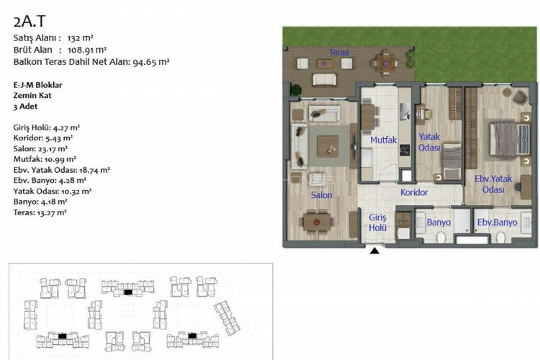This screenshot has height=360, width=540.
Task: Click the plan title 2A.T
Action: click(30, 22)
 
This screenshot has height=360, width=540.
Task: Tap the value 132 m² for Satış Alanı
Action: click(80, 38)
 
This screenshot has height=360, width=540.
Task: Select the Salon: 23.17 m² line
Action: click(40, 149)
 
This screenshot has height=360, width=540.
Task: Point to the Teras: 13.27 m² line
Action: click(40, 212)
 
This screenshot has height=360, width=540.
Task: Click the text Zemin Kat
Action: click(32, 96)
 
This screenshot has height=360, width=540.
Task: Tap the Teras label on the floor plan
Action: click(339, 53)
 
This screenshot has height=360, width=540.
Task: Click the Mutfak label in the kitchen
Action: click(383, 140)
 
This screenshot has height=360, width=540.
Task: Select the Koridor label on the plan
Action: click(414, 192)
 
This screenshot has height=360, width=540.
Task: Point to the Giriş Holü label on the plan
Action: click(377, 222)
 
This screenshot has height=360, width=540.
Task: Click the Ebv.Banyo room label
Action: click(497, 222)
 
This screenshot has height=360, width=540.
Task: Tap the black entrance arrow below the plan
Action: click(374, 251)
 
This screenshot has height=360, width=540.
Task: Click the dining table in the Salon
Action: click(317, 222)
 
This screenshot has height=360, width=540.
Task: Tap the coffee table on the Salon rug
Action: click(328, 146)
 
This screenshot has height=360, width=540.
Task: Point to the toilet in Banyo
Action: click(441, 237)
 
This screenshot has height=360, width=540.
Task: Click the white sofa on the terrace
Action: click(325, 80)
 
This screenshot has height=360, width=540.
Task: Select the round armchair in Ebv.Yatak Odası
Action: click(520, 96)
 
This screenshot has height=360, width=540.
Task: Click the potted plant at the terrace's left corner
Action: click(295, 90)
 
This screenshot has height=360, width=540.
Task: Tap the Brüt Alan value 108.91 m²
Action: click(87, 50)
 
